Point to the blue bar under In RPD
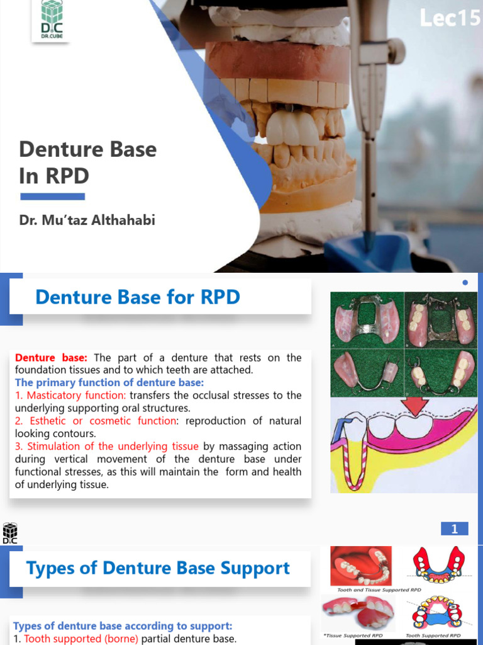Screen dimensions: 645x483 tap(52, 197)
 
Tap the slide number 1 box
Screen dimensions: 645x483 tap(454, 529)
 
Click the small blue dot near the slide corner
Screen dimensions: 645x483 tap(465, 283)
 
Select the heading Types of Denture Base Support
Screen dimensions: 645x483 tap(158, 568)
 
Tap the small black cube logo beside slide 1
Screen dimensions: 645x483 tap(10, 533)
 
